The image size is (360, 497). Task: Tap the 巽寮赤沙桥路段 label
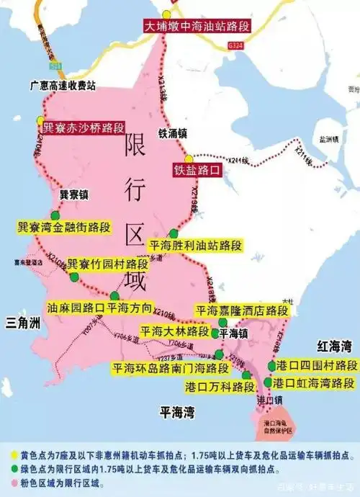pyautogui.click(x=83, y=127)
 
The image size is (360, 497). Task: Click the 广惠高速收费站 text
pyautogui.click(x=66, y=84)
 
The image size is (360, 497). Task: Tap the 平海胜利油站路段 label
pyautogui.click(x=194, y=245)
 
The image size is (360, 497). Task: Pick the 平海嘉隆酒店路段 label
pyautogui.click(x=242, y=310)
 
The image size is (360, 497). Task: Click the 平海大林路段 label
pyautogui.click(x=175, y=332)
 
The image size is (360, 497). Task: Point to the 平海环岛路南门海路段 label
pyautogui.click(x=170, y=368)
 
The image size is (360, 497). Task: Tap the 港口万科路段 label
pyautogui.click(x=217, y=387)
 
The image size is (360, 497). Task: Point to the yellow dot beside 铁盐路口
pyautogui.click(x=188, y=158)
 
